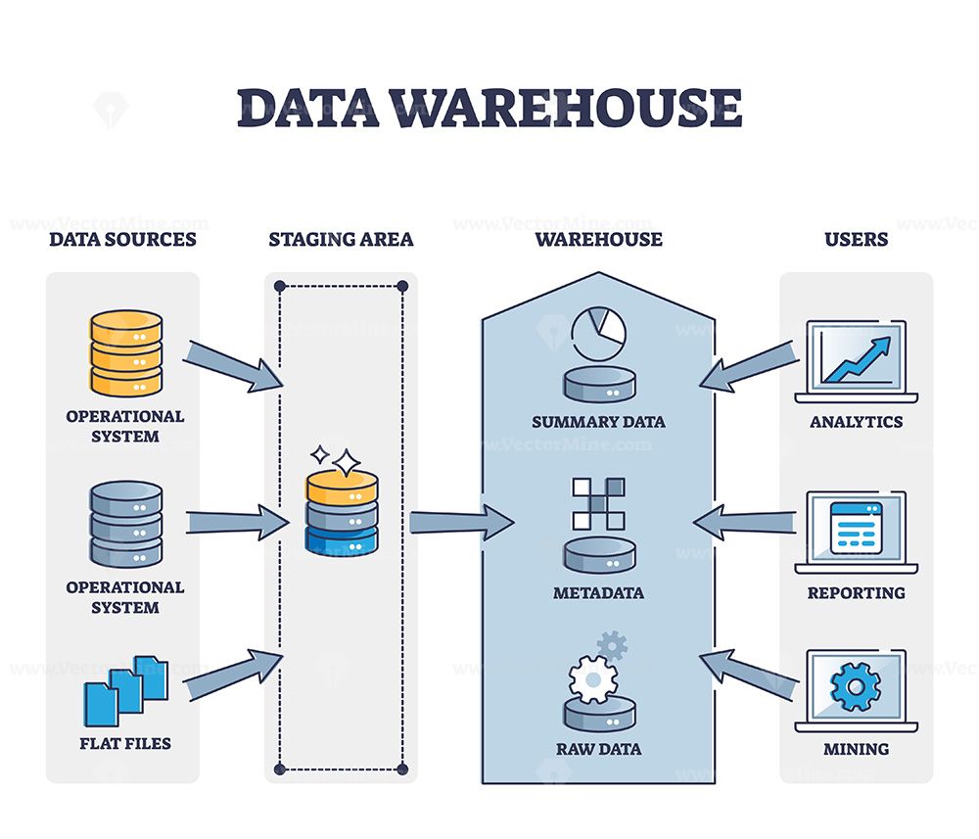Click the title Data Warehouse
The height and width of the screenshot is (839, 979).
point(489,108)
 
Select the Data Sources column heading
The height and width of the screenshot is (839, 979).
point(123,239)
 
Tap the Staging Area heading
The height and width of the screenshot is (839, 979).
point(341,239)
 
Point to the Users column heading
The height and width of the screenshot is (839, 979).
point(856,239)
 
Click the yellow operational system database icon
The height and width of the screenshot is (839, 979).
point(125,352)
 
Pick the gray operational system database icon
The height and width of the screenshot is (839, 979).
point(125,524)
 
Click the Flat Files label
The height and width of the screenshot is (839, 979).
point(125,743)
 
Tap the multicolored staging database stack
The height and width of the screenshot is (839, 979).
point(341,514)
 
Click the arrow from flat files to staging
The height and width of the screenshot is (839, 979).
point(233,676)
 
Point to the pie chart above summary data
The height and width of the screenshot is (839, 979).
point(598,335)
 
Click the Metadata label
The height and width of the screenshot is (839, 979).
point(598,593)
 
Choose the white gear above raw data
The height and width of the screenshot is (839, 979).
point(590,678)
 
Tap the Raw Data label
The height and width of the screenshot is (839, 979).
point(598,749)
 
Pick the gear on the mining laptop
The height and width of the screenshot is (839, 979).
point(856,688)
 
